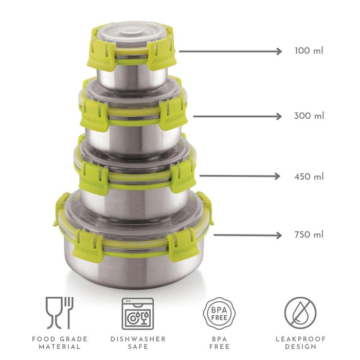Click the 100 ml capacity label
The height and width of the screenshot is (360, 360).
pos(309,50)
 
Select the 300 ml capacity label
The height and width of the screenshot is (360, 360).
pos(309,116)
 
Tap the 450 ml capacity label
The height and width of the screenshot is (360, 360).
pos(309,176)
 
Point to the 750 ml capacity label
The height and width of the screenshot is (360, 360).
pos(309,235)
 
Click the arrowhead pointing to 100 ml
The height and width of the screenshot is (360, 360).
pos(279,51)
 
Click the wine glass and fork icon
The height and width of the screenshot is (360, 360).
pos(60,313)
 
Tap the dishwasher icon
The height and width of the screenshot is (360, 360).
pos(138,314)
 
